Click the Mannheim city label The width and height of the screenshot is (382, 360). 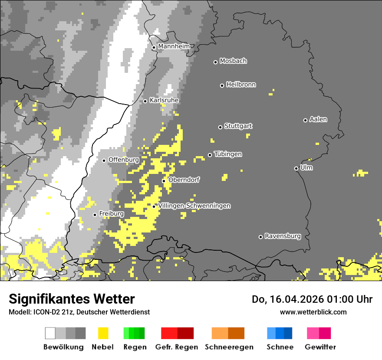[174, 46]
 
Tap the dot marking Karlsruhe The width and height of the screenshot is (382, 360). [145, 101]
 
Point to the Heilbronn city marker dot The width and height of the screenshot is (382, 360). [222, 85]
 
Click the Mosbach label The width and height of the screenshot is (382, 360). [233, 61]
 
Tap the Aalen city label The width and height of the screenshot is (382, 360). [318, 119]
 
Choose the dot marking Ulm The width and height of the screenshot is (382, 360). [296, 168]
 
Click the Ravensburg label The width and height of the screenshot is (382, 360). [283, 236]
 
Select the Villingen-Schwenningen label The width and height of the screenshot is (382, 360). [194, 206]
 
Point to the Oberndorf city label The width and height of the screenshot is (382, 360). [184, 180]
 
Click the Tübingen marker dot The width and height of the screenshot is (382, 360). [210, 155]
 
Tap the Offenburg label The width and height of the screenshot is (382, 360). [123, 160]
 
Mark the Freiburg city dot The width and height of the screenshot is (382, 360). [95, 215]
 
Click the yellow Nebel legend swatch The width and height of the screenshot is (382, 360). [103, 333]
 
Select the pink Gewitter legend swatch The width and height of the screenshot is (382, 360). [313, 333]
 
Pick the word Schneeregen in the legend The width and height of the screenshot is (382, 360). [229, 347]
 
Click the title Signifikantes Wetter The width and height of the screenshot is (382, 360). [72, 299]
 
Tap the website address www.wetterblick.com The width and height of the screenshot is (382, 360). [313, 312]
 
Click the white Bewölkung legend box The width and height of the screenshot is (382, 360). [50, 333]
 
